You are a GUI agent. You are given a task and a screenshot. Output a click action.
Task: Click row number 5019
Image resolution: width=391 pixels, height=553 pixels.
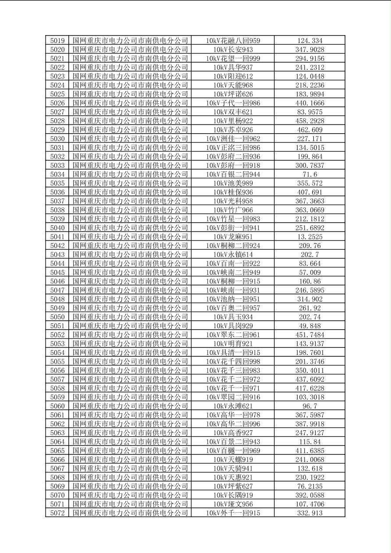coord(57,41)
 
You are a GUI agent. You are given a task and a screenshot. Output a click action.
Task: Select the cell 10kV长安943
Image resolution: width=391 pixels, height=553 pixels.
coord(233,50)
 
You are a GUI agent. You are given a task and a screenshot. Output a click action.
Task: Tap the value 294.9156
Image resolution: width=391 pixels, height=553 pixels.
coord(309,59)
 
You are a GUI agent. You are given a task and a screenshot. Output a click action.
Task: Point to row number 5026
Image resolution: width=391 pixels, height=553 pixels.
coord(57,103)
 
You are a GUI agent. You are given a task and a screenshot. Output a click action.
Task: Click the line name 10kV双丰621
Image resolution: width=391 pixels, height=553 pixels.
coord(233,112)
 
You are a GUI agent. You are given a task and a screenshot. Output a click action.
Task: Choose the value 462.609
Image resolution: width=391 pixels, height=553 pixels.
coord(309,130)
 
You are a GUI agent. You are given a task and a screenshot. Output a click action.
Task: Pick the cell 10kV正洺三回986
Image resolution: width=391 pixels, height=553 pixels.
coord(233,148)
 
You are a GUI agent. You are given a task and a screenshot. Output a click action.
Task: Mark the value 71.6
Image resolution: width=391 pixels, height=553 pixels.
coord(309,174)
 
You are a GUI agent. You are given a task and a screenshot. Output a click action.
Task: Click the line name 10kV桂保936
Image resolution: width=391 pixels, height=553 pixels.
coord(233,192)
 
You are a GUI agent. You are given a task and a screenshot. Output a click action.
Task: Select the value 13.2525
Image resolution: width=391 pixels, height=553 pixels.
coord(309,237)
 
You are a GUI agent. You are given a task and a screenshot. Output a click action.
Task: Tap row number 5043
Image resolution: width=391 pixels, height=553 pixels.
coord(57,255)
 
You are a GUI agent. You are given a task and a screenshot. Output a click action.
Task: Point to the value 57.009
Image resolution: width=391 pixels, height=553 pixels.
coord(309,272)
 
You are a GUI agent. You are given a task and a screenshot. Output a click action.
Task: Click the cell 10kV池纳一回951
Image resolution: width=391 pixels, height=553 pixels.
coord(233,299)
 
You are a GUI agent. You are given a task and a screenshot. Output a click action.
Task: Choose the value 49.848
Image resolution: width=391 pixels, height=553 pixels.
coord(309,326)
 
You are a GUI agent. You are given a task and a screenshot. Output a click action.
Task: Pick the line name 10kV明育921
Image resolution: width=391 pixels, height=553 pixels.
coord(233,344)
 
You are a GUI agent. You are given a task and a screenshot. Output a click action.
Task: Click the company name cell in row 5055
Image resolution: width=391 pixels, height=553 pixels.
coord(130,362)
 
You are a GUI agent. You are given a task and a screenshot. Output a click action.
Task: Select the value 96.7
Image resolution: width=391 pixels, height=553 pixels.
coord(309,406)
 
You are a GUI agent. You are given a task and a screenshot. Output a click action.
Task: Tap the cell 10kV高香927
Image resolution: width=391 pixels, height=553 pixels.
coord(233,432)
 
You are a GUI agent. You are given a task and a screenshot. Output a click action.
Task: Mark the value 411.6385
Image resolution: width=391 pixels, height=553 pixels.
coord(309,450)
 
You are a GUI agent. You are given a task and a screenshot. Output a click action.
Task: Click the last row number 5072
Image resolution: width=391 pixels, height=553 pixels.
coord(57,513)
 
